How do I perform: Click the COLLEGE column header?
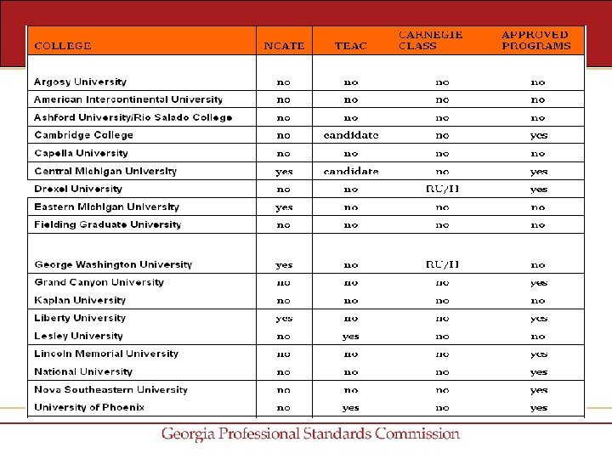[x=63, y=46]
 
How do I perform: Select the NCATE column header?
[x=284, y=46]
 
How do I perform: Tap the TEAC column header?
[x=351, y=46]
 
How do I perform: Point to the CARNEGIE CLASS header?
[x=431, y=40]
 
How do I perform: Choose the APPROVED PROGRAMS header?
[x=536, y=40]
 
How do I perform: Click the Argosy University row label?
[x=80, y=82]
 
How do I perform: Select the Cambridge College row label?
[x=83, y=135]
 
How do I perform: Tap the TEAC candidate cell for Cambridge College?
[x=351, y=135]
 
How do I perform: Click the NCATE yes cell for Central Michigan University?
[x=284, y=171]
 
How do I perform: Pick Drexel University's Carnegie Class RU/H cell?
[x=442, y=189]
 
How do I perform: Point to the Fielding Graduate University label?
[x=107, y=224]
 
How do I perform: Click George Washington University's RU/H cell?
[x=442, y=264]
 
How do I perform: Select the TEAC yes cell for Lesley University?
[x=351, y=336]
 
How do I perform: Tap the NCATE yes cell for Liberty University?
[x=284, y=318]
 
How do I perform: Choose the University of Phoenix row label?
[x=89, y=407]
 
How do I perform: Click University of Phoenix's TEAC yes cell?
[x=351, y=407]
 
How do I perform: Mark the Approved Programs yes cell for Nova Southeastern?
[x=538, y=389]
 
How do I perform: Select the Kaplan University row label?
[x=80, y=300]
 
